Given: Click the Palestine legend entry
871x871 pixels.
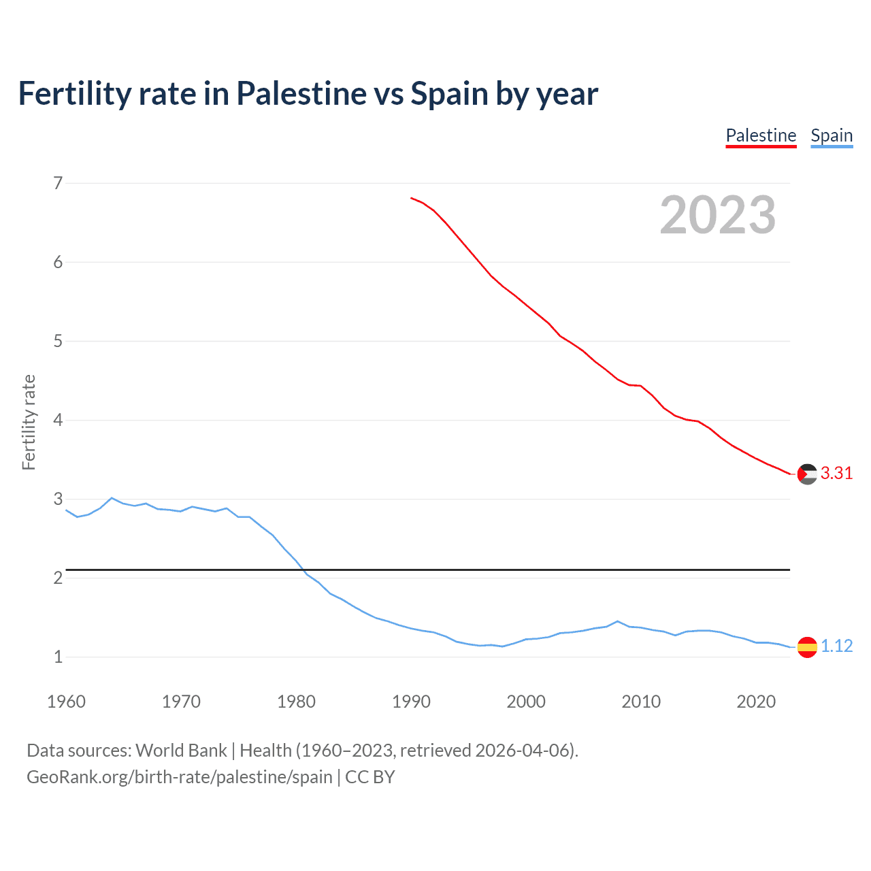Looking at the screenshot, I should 761,135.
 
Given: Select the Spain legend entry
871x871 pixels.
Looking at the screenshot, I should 832,135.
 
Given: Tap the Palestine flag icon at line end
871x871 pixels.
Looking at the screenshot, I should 807,474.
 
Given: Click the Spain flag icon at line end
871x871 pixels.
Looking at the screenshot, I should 807,646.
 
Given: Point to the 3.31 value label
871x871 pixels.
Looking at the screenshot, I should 836,473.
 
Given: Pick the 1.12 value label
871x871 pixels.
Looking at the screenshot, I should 836,646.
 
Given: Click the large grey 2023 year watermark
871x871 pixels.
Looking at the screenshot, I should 718,215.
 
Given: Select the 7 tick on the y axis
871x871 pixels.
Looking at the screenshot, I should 58,183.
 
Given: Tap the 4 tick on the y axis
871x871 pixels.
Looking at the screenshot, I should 58,420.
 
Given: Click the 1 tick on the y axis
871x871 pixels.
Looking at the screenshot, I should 58,657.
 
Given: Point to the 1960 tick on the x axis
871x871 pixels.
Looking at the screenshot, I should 66,702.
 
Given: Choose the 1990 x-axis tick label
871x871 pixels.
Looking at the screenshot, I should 411,702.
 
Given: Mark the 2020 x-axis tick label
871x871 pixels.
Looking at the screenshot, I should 756,702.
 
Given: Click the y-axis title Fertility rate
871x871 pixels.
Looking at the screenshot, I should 29,422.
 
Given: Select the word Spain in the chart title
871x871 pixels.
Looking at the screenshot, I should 449,93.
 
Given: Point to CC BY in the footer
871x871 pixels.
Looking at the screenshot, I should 370,777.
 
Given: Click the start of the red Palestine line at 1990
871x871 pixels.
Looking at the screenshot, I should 412,198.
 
